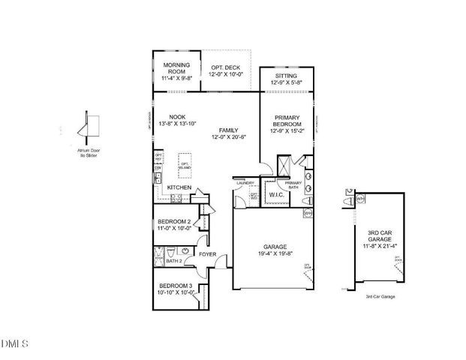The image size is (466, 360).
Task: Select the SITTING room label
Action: pyautogui.click(x=286, y=76)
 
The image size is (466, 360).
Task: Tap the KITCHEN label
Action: pyautogui.click(x=179, y=187)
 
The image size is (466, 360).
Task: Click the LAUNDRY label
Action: pyautogui.click(x=245, y=183)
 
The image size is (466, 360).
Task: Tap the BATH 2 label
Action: pyautogui.click(x=174, y=261)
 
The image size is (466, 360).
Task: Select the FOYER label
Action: pyautogui.click(x=207, y=255)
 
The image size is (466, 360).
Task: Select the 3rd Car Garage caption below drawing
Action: pyautogui.click(x=380, y=297)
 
